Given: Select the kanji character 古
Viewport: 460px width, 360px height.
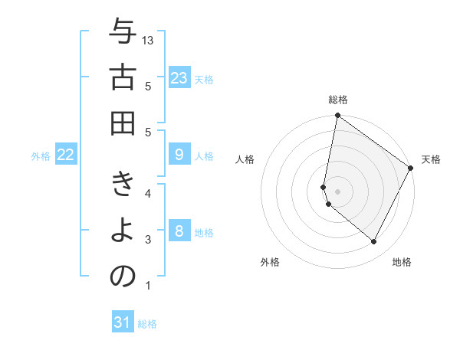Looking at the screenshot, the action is (123, 78).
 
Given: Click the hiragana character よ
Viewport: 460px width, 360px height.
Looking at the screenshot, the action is (123, 231).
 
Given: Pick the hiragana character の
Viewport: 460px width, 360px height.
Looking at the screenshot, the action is (123, 277).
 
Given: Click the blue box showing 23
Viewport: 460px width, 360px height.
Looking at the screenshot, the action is (179, 77).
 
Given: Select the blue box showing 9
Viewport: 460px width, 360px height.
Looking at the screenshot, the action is (179, 155).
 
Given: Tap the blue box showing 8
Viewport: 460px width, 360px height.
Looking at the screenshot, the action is (179, 231).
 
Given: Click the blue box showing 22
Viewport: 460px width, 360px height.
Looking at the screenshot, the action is (66, 155).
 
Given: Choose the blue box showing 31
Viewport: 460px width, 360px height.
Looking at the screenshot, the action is (123, 322).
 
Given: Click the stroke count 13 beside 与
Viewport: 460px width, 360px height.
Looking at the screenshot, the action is (149, 40).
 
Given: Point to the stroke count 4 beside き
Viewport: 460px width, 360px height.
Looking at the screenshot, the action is (148, 192).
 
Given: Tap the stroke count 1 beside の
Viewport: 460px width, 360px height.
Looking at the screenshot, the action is (148, 286).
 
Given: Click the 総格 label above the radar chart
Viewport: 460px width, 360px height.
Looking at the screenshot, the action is (338, 100).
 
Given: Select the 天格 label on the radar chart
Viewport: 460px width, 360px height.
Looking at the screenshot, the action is (431, 159).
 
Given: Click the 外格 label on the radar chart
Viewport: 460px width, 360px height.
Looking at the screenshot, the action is (270, 262).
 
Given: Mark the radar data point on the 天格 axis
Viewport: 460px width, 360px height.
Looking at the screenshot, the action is (411, 169).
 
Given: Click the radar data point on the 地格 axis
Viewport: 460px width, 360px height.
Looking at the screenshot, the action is (374, 242).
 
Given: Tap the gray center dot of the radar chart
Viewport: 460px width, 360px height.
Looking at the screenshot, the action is (338, 191).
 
